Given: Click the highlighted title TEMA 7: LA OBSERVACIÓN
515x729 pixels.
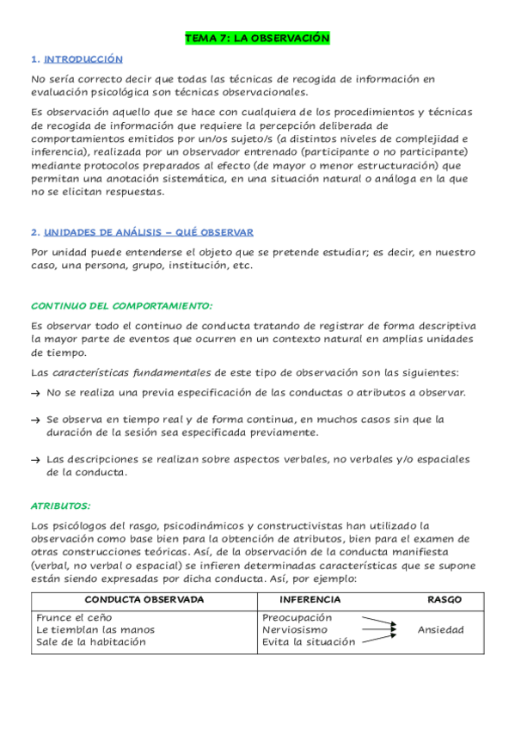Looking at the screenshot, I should pos(257,39).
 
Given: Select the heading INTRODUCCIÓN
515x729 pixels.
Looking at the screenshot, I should pos(83,59).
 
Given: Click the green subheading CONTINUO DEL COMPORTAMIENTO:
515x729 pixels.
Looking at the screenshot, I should pos(121,306).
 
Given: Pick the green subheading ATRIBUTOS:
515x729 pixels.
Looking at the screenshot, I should pos(61,506).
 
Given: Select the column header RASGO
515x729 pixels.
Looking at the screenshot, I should pos(444,599).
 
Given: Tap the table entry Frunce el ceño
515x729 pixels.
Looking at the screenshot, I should pos(74,617).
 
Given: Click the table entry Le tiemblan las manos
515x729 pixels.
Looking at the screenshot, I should pos(95,629).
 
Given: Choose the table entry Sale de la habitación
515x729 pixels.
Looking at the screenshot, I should pos(91,641).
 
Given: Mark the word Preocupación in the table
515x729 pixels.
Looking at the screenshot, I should pos(297,617).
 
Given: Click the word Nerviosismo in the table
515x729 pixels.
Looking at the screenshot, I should pos(295,629).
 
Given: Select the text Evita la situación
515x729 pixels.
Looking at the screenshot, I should pos(309,641).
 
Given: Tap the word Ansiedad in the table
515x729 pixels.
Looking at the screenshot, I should pos(440,629).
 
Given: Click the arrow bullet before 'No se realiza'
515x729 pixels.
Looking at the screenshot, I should pos(35,393).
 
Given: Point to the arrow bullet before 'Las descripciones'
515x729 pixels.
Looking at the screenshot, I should pos(35,459).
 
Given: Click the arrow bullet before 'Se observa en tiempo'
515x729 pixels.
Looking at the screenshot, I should pos(35,420).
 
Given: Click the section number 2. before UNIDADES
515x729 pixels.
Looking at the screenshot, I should pos(34,232).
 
